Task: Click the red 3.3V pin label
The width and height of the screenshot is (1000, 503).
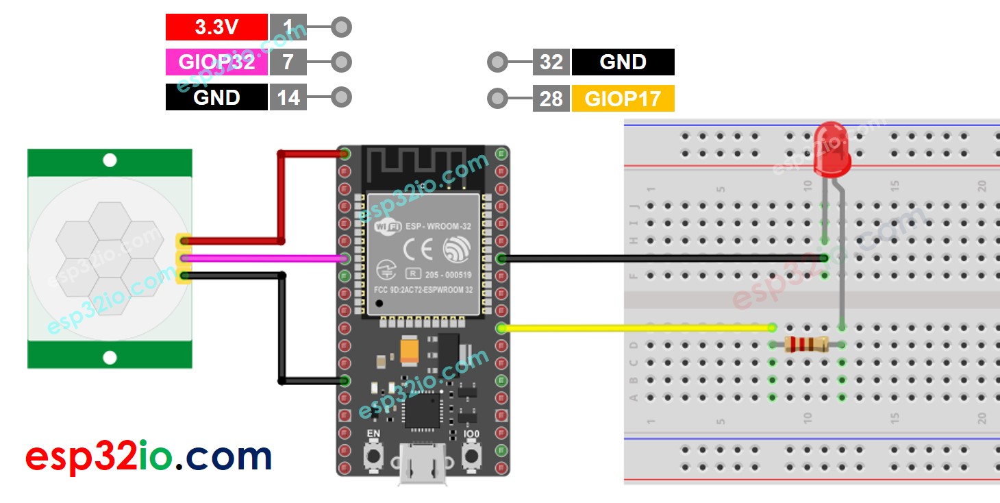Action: tap(216, 27)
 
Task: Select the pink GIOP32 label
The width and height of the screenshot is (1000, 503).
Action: tap(216, 62)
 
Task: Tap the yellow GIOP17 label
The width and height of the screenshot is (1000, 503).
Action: tap(623, 99)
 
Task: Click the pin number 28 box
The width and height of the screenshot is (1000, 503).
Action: tap(551, 99)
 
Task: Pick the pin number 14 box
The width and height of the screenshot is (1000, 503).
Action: tap(288, 98)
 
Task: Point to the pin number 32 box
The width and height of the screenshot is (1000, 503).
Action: tap(551, 62)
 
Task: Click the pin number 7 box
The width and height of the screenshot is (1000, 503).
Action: tap(288, 62)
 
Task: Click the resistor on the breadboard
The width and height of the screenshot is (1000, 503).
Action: tap(807, 345)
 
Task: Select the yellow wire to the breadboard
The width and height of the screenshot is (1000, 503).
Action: tap(637, 328)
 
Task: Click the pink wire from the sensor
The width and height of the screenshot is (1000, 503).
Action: tap(267, 258)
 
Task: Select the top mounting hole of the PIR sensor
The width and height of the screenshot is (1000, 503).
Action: tap(110, 161)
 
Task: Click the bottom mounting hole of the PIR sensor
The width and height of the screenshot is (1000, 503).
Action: tap(110, 357)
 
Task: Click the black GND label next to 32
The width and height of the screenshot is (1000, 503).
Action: tap(623, 62)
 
